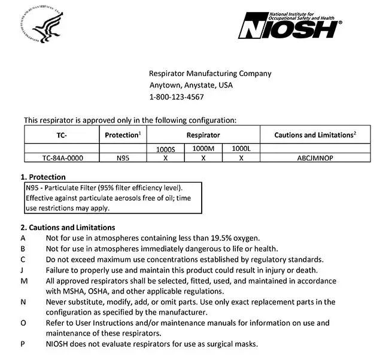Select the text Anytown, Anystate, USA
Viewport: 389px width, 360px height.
(x=191, y=85)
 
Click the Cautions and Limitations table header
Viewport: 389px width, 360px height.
(x=315, y=135)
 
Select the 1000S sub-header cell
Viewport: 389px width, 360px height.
(x=166, y=149)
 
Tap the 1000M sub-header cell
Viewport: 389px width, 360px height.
(x=203, y=148)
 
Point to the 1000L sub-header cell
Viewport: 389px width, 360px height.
(x=241, y=148)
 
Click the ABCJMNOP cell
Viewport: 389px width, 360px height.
(x=315, y=158)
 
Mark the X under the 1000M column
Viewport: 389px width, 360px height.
(x=203, y=158)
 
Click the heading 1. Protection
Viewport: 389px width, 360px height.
(x=43, y=177)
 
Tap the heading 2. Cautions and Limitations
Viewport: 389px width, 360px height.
(x=68, y=227)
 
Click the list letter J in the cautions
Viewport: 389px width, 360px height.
(x=23, y=270)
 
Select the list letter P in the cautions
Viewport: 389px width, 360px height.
(x=23, y=344)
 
